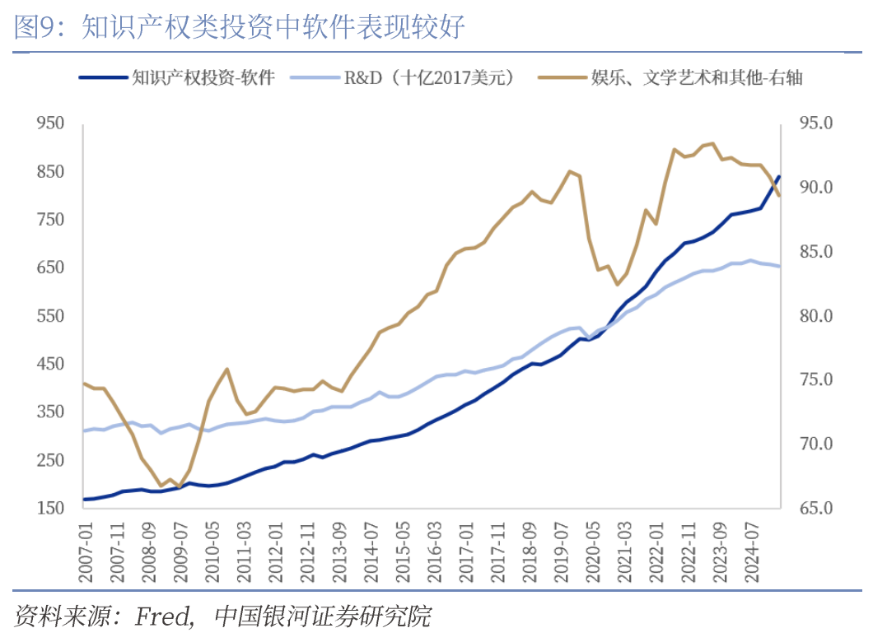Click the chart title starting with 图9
point(240,28)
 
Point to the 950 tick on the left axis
point(50,123)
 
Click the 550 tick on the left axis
point(50,316)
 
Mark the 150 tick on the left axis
point(50,508)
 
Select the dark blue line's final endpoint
point(779,177)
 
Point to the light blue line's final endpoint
point(779,266)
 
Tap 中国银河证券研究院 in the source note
point(322,616)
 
